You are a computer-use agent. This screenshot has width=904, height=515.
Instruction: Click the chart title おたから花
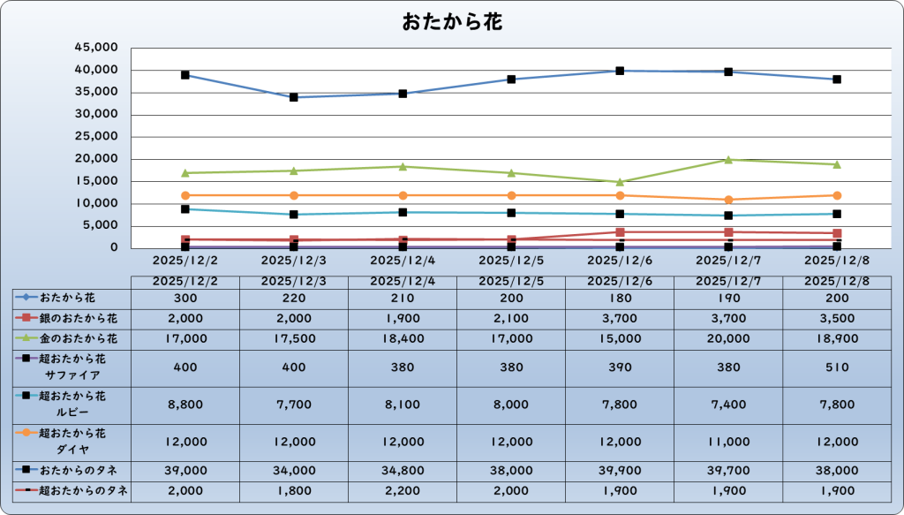(452, 22)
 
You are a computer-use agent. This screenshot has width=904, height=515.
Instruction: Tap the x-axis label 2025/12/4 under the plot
(403, 261)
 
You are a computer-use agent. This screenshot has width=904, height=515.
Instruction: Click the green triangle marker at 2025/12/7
(728, 160)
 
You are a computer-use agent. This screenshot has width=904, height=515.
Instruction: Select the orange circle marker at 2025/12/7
(728, 200)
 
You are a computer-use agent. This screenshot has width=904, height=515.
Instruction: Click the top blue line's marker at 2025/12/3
(294, 97)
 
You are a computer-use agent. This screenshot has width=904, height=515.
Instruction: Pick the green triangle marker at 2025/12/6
(620, 182)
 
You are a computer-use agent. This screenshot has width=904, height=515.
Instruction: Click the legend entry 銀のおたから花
(72, 318)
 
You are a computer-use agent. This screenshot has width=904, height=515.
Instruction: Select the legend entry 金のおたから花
(72, 338)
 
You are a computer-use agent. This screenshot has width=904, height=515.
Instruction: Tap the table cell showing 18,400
(403, 338)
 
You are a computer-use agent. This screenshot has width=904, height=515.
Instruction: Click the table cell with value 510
(837, 367)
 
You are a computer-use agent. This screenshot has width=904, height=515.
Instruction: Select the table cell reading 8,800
(185, 405)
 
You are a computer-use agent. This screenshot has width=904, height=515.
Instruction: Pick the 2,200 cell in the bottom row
(403, 491)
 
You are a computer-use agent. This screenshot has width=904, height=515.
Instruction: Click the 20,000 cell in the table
(728, 338)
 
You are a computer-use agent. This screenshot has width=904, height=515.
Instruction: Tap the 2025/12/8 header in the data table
(837, 281)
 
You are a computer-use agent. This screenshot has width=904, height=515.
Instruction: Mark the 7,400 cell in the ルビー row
(728, 405)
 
